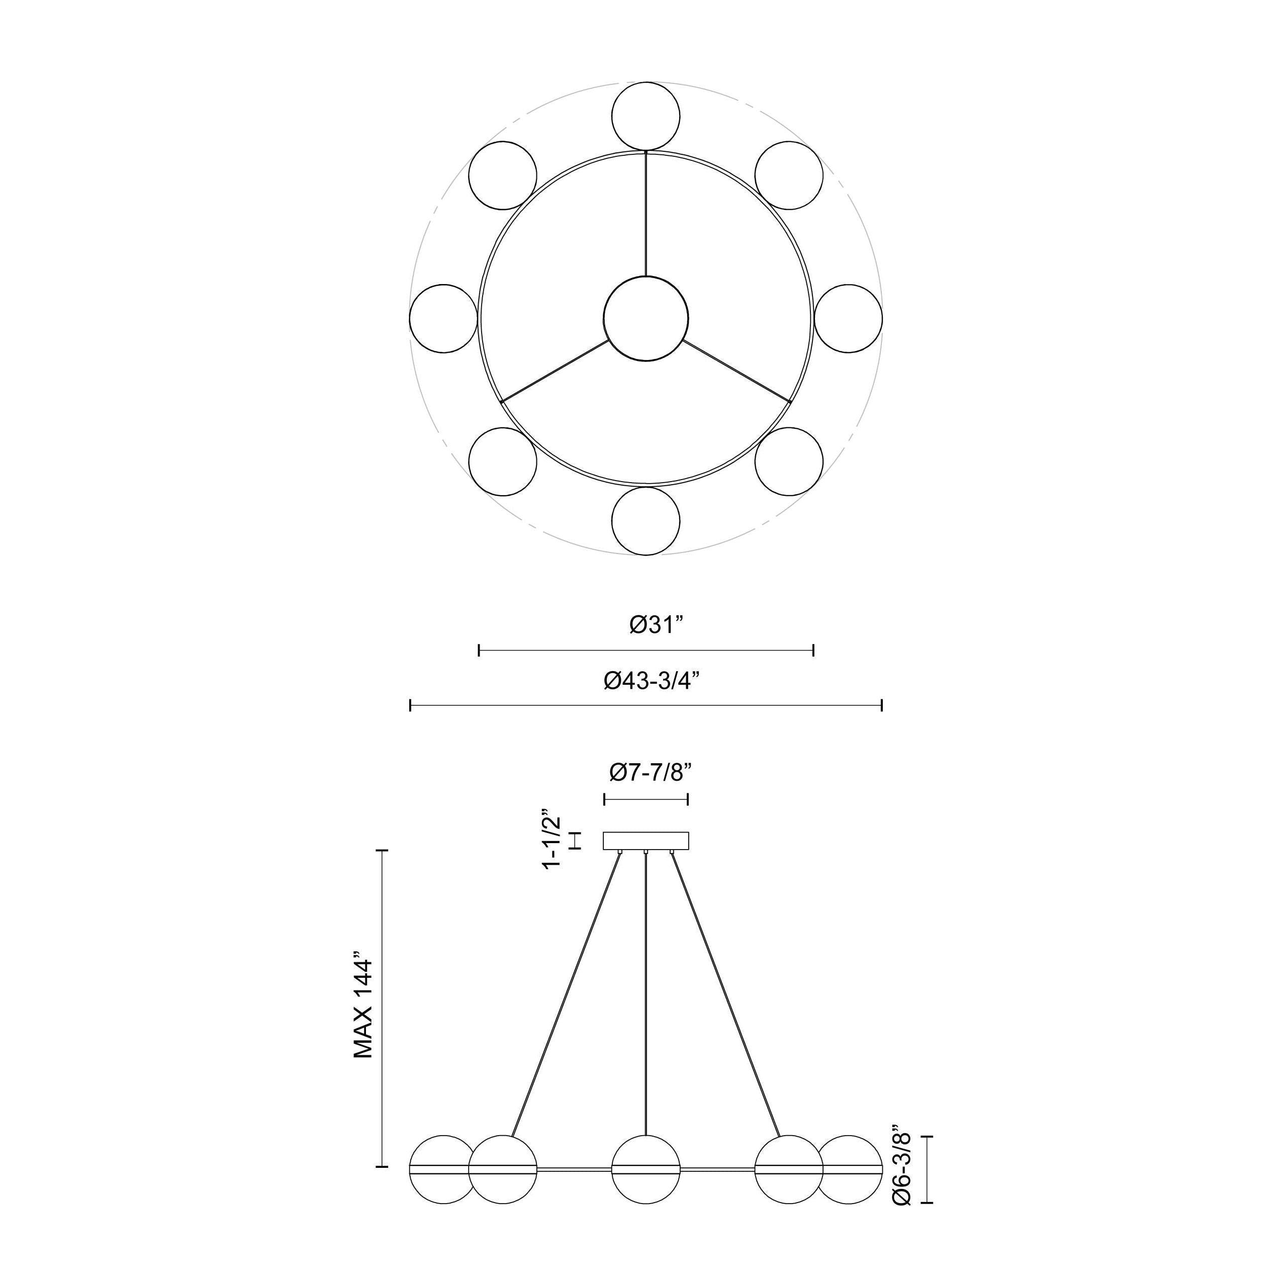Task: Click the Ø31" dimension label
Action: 656,625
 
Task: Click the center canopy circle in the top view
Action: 646,319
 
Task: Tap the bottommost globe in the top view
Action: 646,521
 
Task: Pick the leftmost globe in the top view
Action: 443,318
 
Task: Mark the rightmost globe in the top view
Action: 848,318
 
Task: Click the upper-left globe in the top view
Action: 502,175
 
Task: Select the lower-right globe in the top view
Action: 789,462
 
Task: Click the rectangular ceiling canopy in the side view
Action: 646,841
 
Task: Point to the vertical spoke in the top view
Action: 646,213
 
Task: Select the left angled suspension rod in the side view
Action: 566,992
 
